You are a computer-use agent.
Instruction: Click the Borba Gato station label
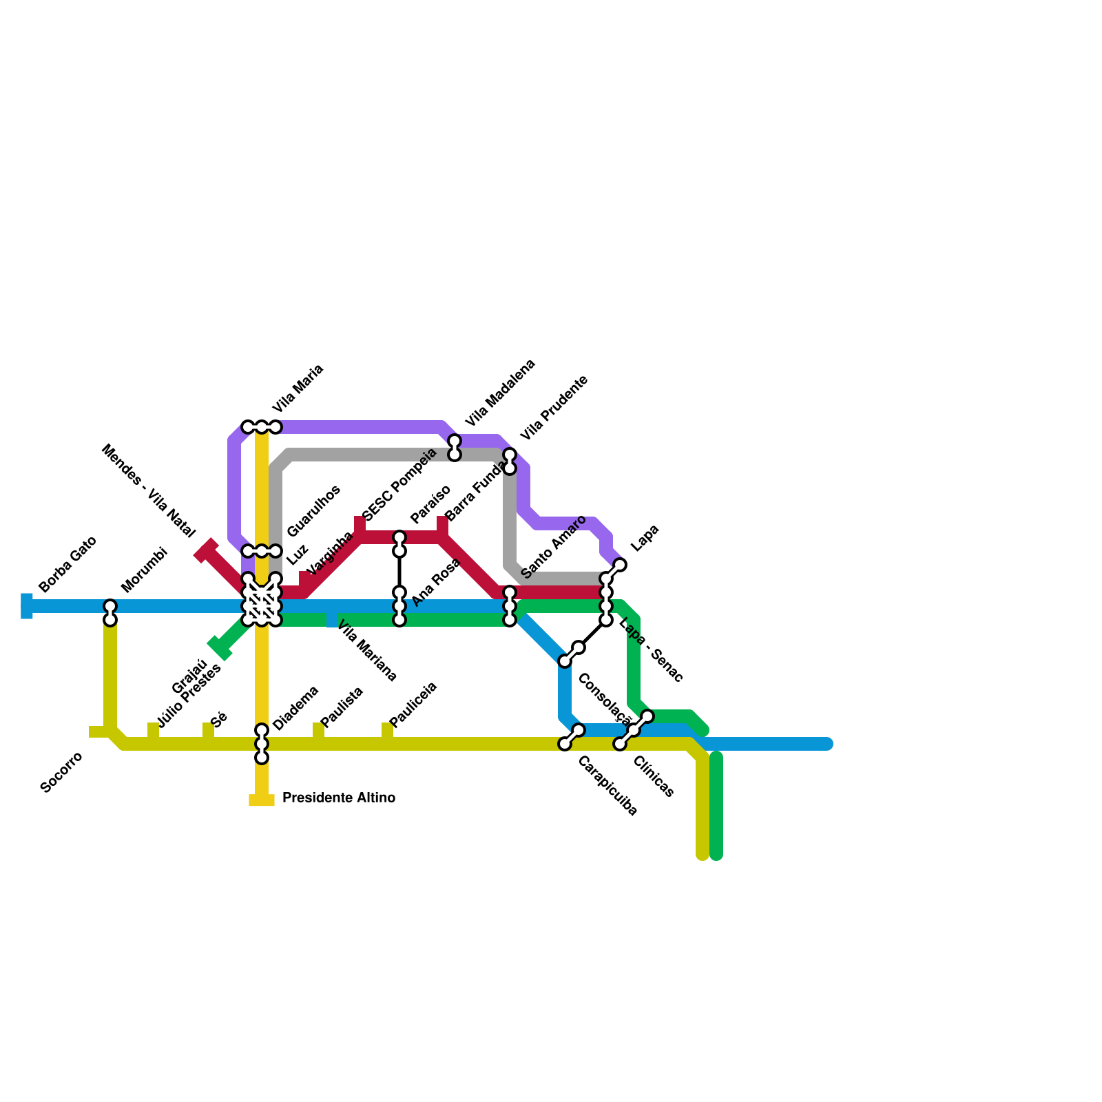tap(67, 564)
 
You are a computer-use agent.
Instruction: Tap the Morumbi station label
tap(145, 570)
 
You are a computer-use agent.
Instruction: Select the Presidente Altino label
tap(338, 798)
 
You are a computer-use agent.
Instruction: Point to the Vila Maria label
tap(297, 388)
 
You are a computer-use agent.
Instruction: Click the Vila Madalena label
tap(499, 393)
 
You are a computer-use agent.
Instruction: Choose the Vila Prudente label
tap(554, 408)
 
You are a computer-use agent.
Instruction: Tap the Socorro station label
tap(61, 773)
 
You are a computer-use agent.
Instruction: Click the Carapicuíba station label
tap(607, 786)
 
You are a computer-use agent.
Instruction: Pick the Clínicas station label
tap(653, 776)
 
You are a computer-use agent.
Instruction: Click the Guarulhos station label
tap(313, 511)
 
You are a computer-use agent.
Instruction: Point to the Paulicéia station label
tap(413, 704)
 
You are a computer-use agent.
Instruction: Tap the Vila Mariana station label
tap(367, 652)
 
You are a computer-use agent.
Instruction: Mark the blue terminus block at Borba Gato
tap(27, 606)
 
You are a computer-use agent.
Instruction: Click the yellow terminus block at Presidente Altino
tap(262, 800)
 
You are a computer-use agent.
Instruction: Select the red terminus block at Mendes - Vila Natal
tap(206, 550)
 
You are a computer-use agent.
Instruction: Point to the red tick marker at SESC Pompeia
tap(360, 525)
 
